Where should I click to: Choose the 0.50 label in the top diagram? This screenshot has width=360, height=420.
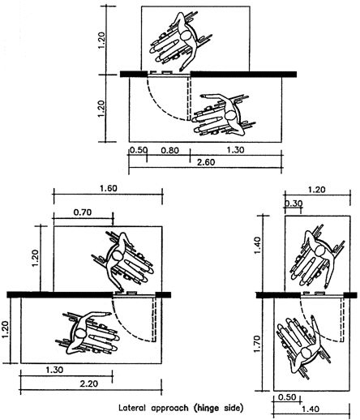[138, 151]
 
